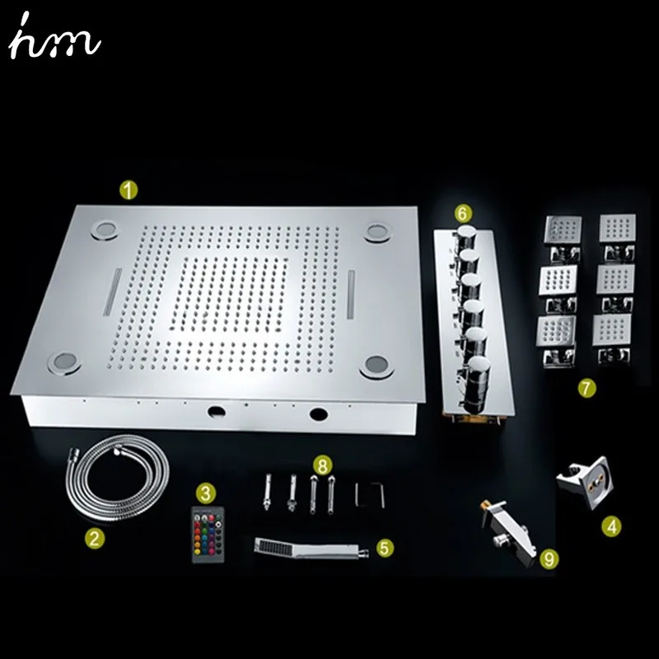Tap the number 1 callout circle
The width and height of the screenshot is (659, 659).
coord(129,190)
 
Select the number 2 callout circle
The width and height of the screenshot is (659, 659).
coord(95,538)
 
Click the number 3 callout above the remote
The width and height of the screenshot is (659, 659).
coord(205,492)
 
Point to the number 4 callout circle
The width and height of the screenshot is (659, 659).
coord(611,526)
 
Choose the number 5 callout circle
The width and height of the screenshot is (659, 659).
coord(385,548)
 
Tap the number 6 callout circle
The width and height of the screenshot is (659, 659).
coord(462,213)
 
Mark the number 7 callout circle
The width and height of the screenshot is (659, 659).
coord(587,388)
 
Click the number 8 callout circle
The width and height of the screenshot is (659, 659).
coord(322,465)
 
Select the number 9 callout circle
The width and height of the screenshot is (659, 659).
coord(549,559)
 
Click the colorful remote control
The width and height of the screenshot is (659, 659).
coord(208,534)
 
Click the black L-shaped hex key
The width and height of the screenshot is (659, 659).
coord(369,495)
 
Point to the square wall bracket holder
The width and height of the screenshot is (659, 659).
coord(585,482)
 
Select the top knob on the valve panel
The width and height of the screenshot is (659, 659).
coord(465,237)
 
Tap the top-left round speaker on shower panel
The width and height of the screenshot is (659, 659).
coord(104,230)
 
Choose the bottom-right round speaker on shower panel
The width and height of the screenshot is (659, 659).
coord(376,365)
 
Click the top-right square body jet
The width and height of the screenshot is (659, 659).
coord(617,228)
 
